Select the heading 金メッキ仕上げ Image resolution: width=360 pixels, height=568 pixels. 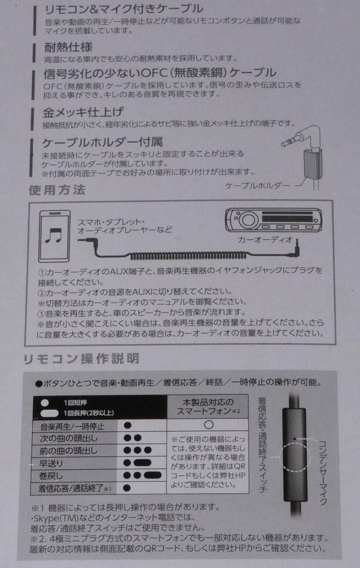[83, 113]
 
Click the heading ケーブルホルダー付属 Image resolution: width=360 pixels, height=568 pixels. [103, 142]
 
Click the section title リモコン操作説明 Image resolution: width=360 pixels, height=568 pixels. [81, 358]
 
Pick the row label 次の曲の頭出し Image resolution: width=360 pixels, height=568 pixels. [68, 438]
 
